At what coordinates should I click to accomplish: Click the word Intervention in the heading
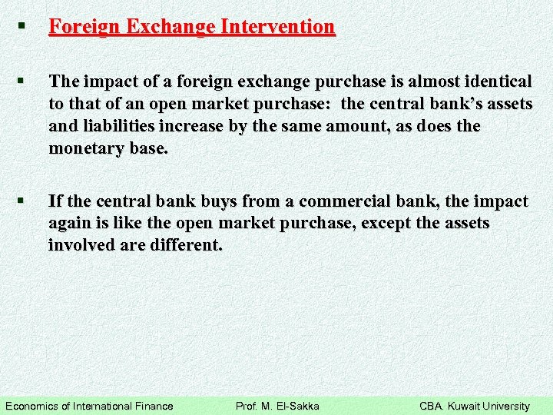point(277,27)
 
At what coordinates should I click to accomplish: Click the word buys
point(220,201)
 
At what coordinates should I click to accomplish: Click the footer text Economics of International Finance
point(90,406)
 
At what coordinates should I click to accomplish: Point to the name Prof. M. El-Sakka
point(277,406)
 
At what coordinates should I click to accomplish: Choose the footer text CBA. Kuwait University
point(475,406)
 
